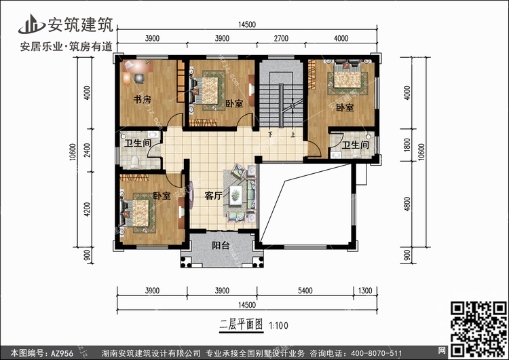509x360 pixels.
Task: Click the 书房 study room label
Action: click(x=141, y=100)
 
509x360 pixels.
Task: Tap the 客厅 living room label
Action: click(x=214, y=196)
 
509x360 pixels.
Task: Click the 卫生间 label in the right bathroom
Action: click(x=355, y=145)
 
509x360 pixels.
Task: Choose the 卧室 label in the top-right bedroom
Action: click(x=344, y=107)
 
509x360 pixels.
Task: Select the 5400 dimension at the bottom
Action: click(x=305, y=291)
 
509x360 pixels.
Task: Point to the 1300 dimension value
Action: click(x=366, y=291)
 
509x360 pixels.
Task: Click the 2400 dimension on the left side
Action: click(x=88, y=149)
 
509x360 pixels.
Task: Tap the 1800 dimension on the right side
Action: click(x=407, y=145)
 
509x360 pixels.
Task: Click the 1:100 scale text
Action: click(x=279, y=325)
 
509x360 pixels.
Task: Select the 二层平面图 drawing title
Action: click(x=242, y=325)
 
